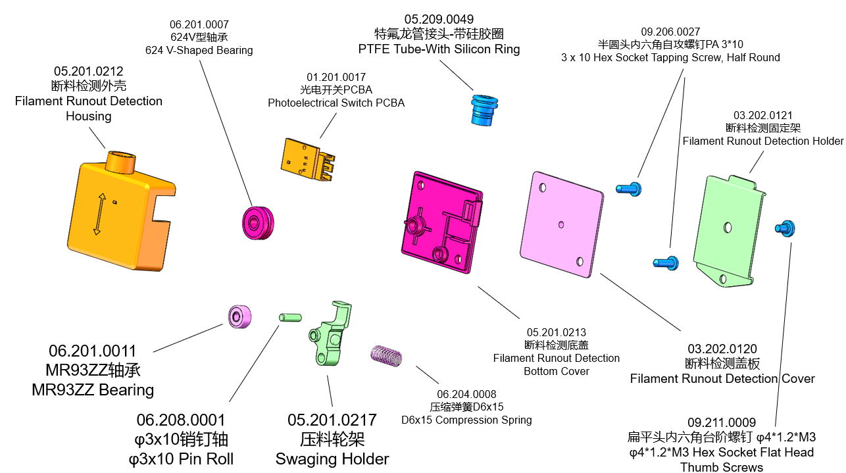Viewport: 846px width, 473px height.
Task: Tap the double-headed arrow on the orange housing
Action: tap(97, 213)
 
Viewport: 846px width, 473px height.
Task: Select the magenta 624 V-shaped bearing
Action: tap(257, 221)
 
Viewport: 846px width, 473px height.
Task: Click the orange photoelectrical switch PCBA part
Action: tap(305, 162)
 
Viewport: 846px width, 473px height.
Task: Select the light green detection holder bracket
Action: tap(730, 230)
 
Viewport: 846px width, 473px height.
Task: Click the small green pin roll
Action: tap(289, 318)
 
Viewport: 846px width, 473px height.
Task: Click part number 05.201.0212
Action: tap(89, 71)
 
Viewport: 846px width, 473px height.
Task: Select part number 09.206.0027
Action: tap(670, 32)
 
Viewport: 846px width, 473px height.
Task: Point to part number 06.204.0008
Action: tap(466, 394)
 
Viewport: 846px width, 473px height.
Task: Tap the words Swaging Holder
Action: tap(332, 459)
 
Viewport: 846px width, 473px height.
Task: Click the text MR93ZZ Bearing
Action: tap(93, 390)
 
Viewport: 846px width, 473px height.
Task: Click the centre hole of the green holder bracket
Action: tap(728, 227)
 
